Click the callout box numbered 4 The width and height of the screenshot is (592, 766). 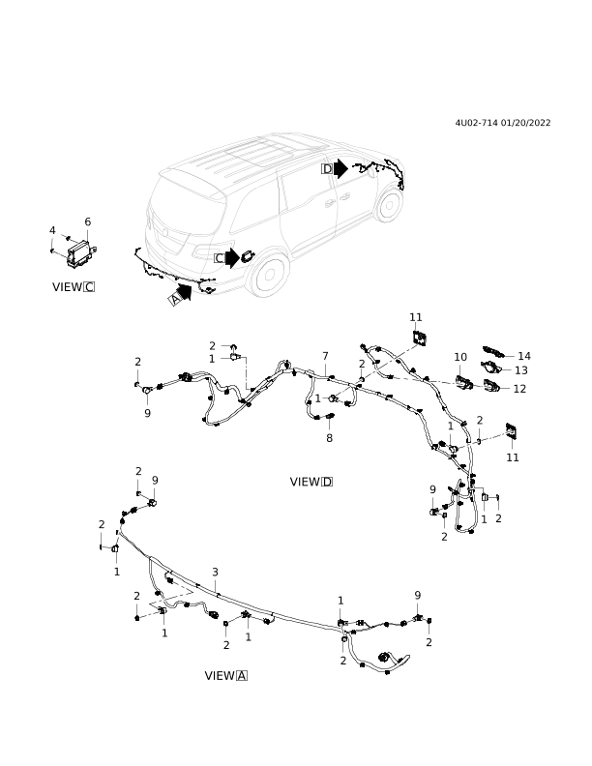(x=52, y=230)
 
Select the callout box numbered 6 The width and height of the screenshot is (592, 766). (x=87, y=221)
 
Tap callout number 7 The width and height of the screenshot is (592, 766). (x=325, y=356)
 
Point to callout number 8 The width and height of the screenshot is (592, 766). (x=329, y=438)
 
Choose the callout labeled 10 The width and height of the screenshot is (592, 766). (x=459, y=357)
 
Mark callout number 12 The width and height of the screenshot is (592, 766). (x=519, y=389)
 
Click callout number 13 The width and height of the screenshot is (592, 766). (x=520, y=370)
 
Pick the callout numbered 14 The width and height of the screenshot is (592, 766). (x=523, y=356)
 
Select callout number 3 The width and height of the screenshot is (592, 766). (x=215, y=572)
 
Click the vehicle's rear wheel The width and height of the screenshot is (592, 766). (x=267, y=275)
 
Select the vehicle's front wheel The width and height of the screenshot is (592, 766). (x=389, y=204)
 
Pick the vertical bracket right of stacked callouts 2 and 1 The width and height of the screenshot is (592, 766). (x=246, y=372)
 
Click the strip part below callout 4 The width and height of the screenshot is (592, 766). (x=61, y=254)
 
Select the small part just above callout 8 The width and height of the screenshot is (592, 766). (x=323, y=417)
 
